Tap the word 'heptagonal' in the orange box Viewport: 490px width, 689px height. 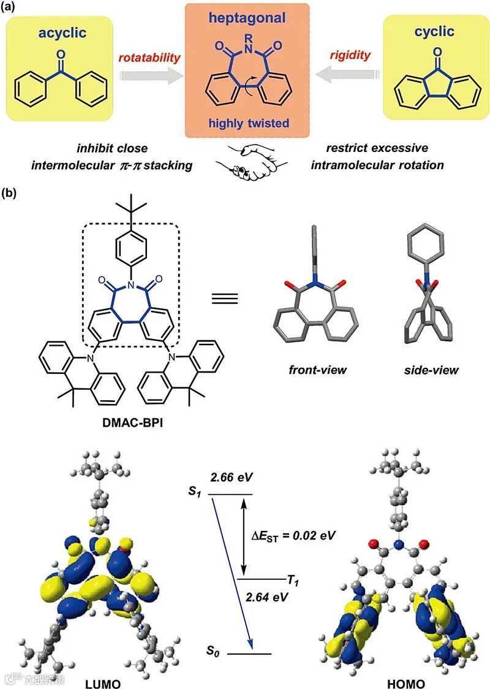pyautogui.click(x=247, y=18)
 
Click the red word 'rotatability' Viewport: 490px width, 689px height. pyautogui.click(x=150, y=58)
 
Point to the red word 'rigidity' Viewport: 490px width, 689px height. pyautogui.click(x=350, y=56)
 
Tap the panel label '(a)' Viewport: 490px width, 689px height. pyautogui.click(x=12, y=8)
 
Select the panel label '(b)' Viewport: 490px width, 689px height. pyautogui.click(x=12, y=194)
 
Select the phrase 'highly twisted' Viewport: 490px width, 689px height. pyautogui.click(x=247, y=123)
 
